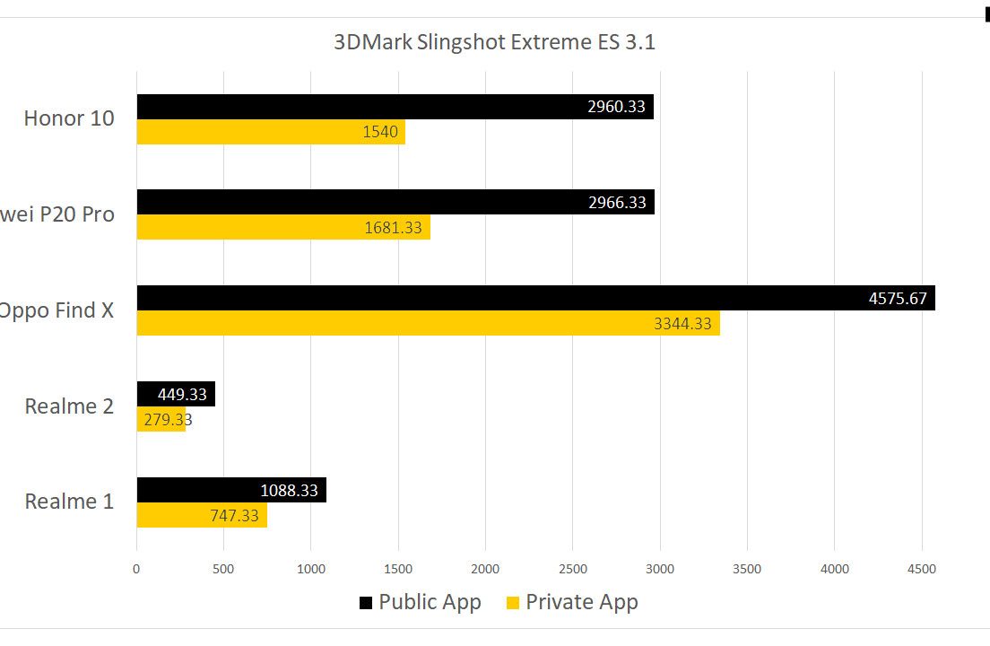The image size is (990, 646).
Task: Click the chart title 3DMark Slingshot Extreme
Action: tap(494, 42)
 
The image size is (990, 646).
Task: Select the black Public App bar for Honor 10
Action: tap(359, 107)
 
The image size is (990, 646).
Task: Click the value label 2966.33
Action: tap(617, 202)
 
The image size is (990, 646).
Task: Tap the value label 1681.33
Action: tap(393, 228)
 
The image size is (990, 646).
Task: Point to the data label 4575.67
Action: tap(898, 298)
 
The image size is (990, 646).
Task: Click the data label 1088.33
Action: tap(290, 490)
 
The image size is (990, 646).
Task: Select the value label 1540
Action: tap(380, 133)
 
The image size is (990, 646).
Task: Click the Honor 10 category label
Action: tap(69, 118)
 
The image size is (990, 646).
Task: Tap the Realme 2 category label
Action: tap(69, 406)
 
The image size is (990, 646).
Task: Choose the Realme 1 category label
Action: tap(69, 501)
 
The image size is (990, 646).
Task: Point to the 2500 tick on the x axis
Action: tap(572, 569)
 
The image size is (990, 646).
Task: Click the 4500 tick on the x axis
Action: tap(921, 569)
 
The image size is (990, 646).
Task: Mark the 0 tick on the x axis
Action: tap(136, 569)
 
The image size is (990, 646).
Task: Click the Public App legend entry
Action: tap(421, 602)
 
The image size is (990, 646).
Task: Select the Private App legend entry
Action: tap(572, 602)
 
